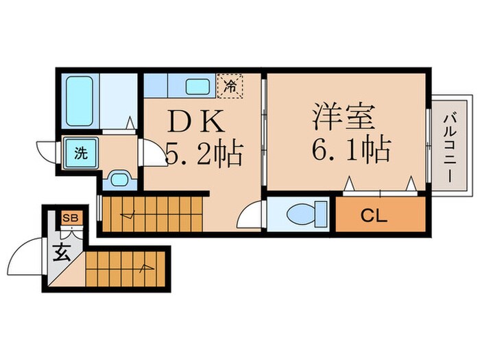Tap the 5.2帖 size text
[204, 154]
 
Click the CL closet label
[374, 217]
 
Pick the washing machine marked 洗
[81, 154]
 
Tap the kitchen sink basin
[199, 87]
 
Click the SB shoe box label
[71, 219]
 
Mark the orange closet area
[379, 217]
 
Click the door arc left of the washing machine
[46, 150]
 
